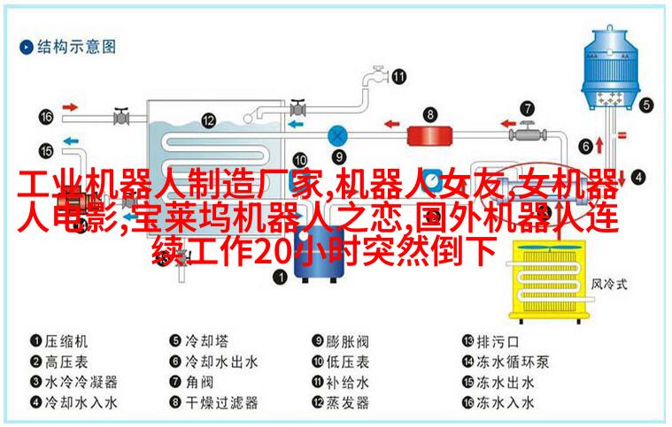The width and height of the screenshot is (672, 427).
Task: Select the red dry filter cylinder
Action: (429, 135)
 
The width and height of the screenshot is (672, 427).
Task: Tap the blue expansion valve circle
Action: (337, 136)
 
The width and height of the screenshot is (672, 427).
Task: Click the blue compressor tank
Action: (319, 253)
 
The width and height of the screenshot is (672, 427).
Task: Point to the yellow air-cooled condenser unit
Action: (550, 280)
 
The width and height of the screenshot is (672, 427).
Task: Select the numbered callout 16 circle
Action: (46, 117)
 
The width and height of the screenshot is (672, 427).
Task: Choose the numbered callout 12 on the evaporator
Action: (208, 120)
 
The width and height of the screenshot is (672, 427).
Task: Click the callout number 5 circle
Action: (646, 105)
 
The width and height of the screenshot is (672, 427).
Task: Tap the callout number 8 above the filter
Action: (430, 114)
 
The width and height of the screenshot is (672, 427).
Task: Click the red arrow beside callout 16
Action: (70, 107)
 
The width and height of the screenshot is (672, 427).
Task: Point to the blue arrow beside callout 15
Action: (71, 141)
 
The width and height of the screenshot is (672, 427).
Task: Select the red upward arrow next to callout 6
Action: (599, 146)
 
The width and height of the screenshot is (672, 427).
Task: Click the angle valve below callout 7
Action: (527, 133)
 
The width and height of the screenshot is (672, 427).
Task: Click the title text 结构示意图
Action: (77, 47)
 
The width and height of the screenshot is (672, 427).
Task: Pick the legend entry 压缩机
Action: (66, 341)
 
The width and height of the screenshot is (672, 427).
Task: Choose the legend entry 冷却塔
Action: (206, 341)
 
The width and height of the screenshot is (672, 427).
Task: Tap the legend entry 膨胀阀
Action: (347, 341)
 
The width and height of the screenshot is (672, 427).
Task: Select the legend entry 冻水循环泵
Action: (513, 362)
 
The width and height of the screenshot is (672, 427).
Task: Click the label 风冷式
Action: (609, 284)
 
